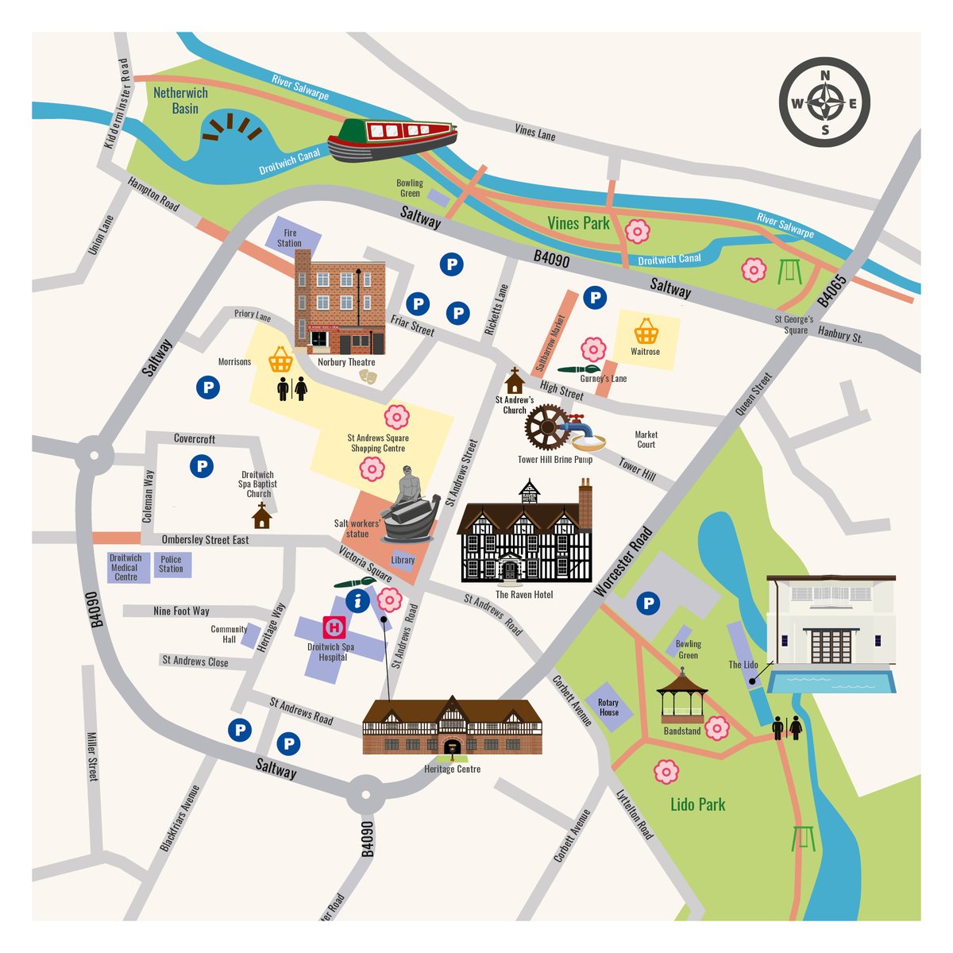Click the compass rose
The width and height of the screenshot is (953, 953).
coord(824,102)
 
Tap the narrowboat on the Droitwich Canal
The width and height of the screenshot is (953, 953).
coord(393,139)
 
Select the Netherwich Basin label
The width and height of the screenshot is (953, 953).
coord(180,100)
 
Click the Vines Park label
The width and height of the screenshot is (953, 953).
coord(579,223)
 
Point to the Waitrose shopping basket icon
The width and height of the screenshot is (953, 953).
coord(646,330)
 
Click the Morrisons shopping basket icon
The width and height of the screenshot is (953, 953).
coord(280,360)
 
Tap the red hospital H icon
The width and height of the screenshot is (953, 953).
coord(334,627)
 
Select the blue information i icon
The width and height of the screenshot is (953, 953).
coord(358,601)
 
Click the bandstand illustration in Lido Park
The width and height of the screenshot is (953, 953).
coord(681,695)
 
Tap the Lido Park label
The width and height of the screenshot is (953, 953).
coord(697,804)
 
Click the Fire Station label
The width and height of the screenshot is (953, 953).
coord(289,238)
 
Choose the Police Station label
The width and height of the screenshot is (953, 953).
coord(171,564)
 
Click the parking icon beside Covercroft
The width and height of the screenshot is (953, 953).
coord(202,466)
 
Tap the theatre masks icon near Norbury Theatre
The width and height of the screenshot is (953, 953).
coord(366,377)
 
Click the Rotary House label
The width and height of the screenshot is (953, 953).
coord(608,708)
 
